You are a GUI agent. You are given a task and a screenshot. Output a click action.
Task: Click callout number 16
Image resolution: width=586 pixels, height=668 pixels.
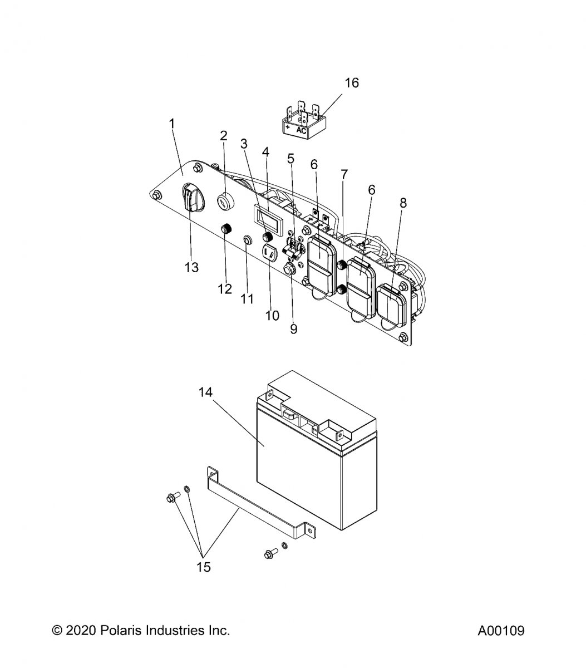pyautogui.click(x=352, y=83)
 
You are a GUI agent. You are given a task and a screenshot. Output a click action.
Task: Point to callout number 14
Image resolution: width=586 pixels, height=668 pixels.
pyautogui.click(x=205, y=392)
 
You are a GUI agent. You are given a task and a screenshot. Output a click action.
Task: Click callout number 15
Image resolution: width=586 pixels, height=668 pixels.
pyautogui.click(x=204, y=567)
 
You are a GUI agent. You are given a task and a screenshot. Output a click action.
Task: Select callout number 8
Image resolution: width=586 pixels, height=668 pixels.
pyautogui.click(x=403, y=203)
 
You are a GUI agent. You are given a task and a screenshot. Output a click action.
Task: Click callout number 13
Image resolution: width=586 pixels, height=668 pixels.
pyautogui.click(x=191, y=268)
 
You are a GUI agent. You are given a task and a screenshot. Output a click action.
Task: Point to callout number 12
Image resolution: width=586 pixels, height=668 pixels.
pyautogui.click(x=225, y=289)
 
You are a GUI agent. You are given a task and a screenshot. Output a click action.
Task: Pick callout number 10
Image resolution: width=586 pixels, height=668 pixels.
pyautogui.click(x=272, y=316)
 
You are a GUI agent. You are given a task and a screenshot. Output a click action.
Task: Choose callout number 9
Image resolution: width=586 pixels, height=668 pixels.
pyautogui.click(x=294, y=329)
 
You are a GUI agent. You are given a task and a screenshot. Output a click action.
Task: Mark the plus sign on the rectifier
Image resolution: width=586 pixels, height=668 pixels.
pyautogui.click(x=287, y=127)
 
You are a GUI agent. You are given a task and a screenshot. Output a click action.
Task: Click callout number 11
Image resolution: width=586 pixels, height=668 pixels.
pyautogui.click(x=247, y=299)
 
